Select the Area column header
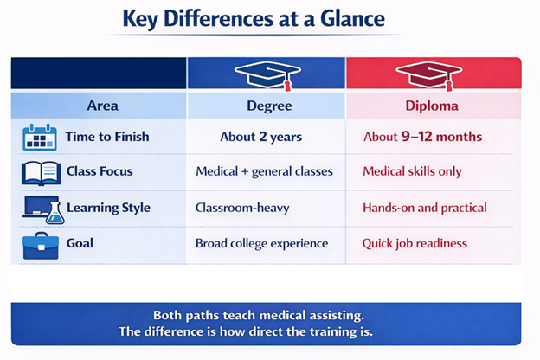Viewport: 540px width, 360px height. (102, 106)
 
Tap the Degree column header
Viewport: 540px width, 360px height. (266, 106)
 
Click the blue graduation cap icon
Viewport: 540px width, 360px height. (267, 74)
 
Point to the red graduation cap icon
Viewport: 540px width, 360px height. (429, 74)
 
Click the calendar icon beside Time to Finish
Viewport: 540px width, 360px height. (40, 137)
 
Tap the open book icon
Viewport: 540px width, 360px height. (40, 172)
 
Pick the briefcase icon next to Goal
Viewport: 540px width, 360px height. (40, 245)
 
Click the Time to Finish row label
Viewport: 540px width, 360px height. (107, 137)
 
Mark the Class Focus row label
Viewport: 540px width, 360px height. (100, 171)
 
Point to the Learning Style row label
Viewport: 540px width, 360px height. (108, 208)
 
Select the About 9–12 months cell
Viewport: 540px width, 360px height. (422, 137)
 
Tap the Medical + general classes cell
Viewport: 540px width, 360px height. (264, 171)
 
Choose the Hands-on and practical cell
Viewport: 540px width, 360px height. (425, 208)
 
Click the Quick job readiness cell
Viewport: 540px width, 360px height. (415, 243)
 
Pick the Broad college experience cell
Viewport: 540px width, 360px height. (262, 243)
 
